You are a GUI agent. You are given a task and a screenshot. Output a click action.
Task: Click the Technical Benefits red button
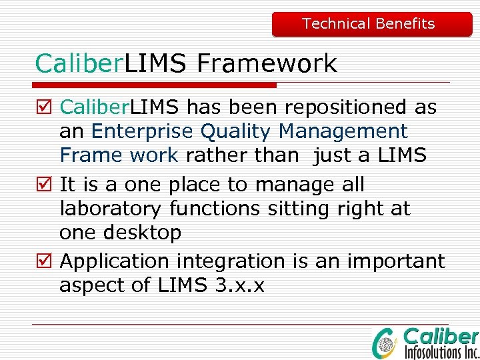tap(371, 24)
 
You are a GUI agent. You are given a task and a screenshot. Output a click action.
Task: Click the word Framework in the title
tap(267, 64)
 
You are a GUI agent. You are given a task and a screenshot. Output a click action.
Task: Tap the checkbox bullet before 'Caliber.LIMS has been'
tap(45, 107)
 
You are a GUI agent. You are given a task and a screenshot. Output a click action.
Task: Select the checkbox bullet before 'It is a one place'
tap(45, 185)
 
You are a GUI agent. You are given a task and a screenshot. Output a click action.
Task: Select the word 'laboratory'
tap(111, 209)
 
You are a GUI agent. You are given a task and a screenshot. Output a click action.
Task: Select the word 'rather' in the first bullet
tap(214, 155)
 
